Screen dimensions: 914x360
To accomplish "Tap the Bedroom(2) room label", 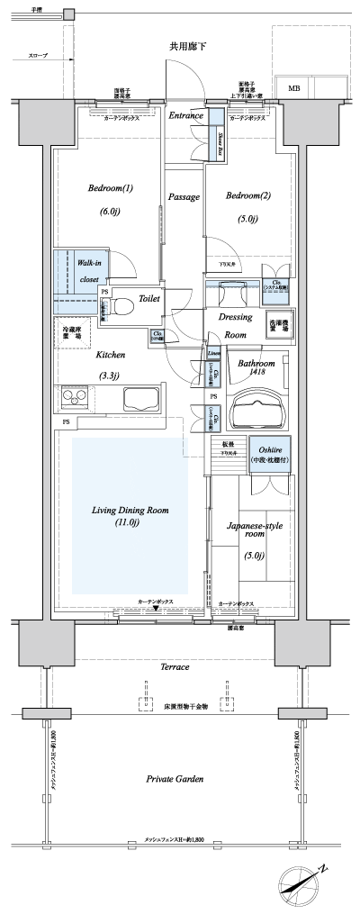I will point(242,195).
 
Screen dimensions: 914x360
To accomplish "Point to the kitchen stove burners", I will point(75,396).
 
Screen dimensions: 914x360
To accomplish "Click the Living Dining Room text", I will point(130,516).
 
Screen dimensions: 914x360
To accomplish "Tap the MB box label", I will point(294,87).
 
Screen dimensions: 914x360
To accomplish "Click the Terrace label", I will point(175,667).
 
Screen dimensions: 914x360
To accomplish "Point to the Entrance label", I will point(186,115).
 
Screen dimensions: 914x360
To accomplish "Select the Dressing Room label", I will point(236,326).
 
